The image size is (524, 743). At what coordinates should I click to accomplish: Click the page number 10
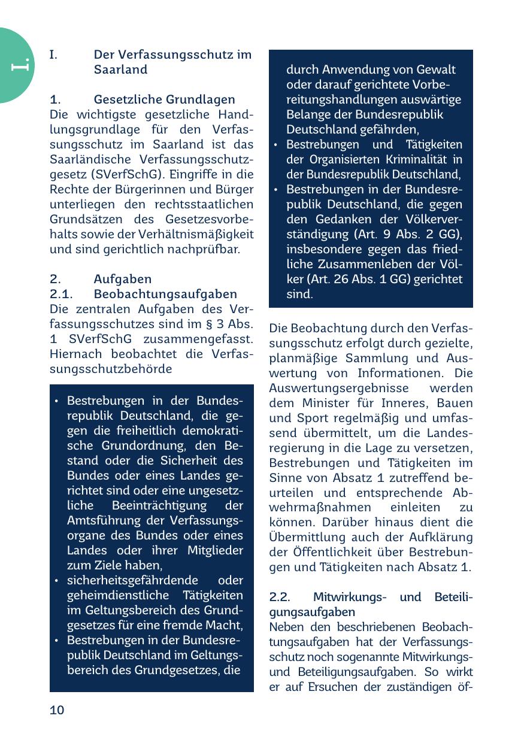[x=57, y=711]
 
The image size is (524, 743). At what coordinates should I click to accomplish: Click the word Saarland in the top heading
[x=120, y=69]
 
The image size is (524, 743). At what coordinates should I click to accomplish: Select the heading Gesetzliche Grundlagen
[x=164, y=99]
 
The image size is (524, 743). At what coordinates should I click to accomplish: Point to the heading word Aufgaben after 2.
[x=123, y=280]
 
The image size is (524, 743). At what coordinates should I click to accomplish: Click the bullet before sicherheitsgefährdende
[x=56, y=581]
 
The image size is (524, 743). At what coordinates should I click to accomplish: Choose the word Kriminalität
[x=412, y=160]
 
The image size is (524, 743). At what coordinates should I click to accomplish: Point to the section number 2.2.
[x=280, y=598]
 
